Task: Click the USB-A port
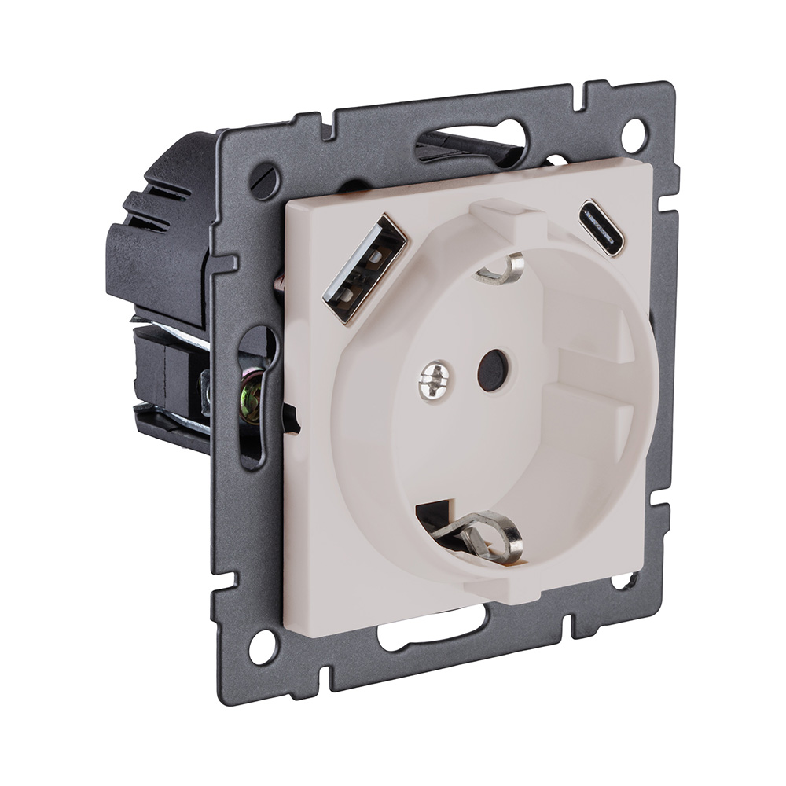point(364,268)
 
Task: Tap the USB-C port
point(601,228)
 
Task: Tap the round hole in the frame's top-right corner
point(634,134)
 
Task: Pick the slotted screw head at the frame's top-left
point(265,181)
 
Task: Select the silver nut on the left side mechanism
point(206,389)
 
